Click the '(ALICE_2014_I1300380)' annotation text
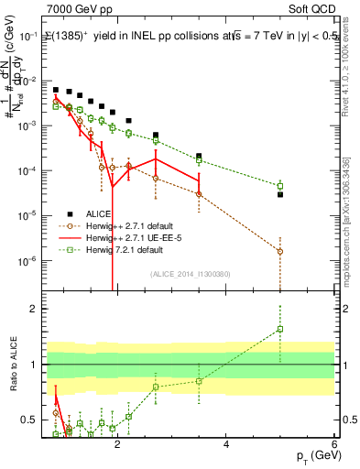[190, 274]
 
